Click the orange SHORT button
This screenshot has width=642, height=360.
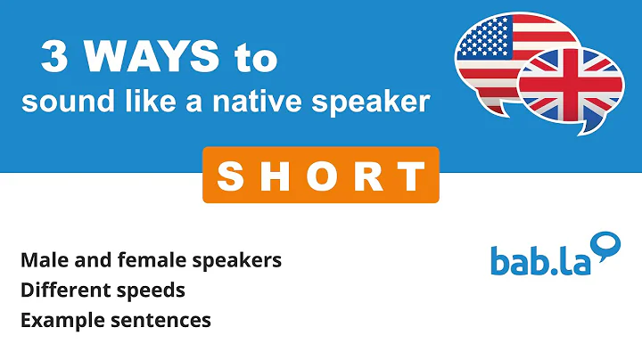pyautogui.click(x=320, y=176)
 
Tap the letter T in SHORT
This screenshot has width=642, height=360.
pyautogui.click(x=412, y=176)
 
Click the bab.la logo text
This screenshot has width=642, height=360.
pyautogui.click(x=541, y=260)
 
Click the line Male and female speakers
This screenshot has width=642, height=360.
pyautogui.click(x=151, y=260)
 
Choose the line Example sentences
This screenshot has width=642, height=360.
pyautogui.click(x=115, y=319)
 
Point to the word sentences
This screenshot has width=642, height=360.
pyautogui.click(x=165, y=319)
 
